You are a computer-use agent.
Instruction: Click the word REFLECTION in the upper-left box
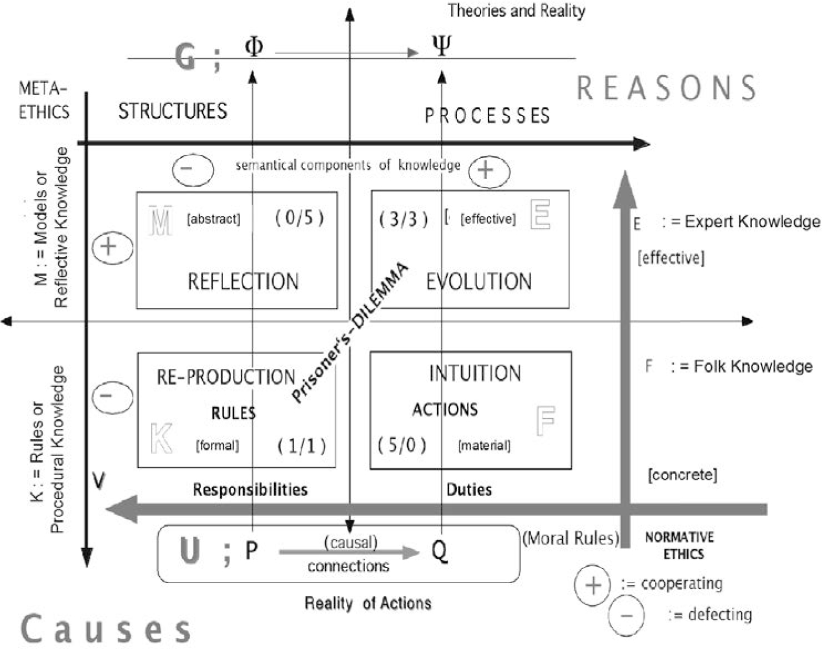[x=243, y=282]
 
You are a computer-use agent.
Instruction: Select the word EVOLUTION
[x=478, y=282]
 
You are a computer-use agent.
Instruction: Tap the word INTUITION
[x=475, y=373]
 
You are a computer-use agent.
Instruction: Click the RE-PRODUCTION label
[x=225, y=377]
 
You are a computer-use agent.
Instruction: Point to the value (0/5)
[x=299, y=217]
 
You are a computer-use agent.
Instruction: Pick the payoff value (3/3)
[x=404, y=219]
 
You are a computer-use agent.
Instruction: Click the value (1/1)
[x=301, y=445]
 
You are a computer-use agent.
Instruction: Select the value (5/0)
[x=402, y=444]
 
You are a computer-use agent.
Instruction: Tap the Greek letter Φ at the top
[x=254, y=47]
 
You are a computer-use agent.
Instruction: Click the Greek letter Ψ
[x=442, y=45]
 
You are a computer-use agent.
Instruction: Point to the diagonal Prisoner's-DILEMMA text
[x=350, y=333]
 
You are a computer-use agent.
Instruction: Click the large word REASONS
[x=666, y=88]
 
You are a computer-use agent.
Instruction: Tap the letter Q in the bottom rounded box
[x=439, y=551]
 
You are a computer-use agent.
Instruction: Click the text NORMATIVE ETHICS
[x=680, y=545]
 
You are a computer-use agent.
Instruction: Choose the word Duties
[x=469, y=489]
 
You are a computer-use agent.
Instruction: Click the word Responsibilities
[x=250, y=489]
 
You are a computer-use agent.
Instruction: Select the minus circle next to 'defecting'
[x=626, y=616]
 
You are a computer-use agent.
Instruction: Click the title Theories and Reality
[x=516, y=11]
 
